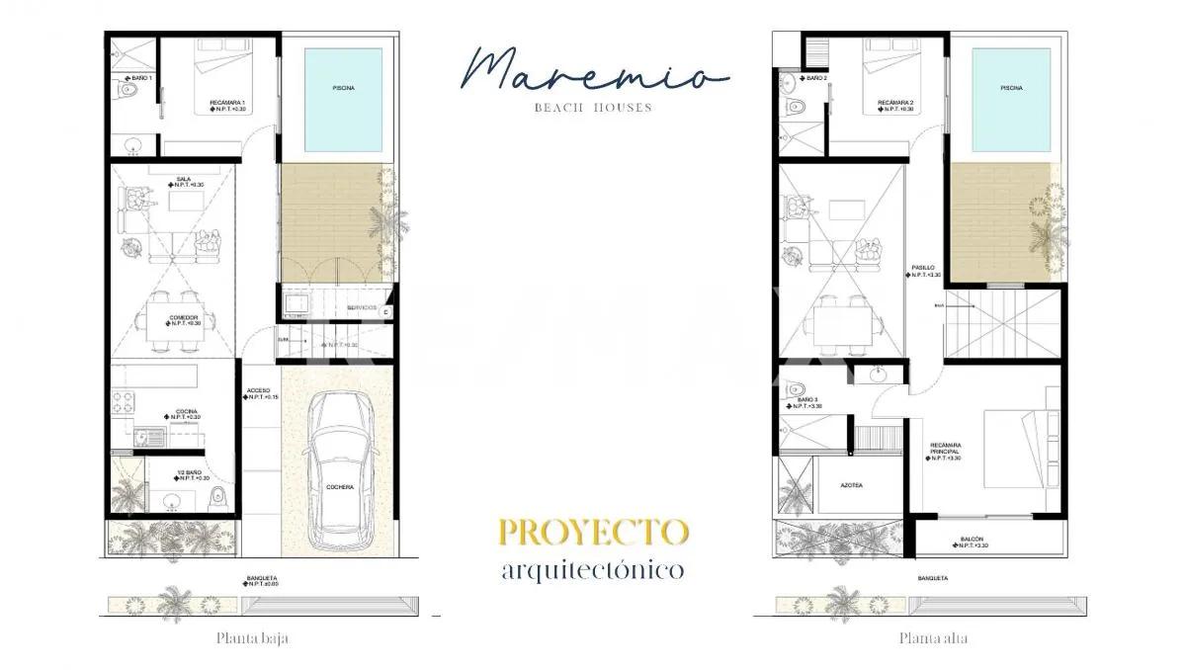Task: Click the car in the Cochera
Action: (338, 469)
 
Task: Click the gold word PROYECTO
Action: (593, 532)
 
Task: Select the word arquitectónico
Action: (593, 570)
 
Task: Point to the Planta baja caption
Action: (253, 638)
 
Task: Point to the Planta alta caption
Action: (932, 638)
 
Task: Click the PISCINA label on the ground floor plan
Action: (342, 88)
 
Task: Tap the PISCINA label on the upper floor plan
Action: (1011, 88)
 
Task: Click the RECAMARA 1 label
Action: (227, 104)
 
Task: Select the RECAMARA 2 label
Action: (894, 103)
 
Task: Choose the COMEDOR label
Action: (184, 317)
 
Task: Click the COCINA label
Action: (186, 411)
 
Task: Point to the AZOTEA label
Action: (851, 485)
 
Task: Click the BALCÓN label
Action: (971, 540)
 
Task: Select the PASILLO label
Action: (922, 268)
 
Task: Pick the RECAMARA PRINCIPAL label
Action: (945, 451)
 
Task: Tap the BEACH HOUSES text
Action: (593, 108)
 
